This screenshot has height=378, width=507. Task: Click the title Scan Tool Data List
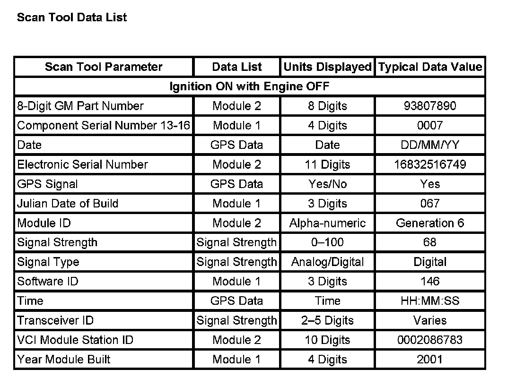pyautogui.click(x=72, y=17)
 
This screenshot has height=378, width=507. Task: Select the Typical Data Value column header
pyautogui.click(x=430, y=67)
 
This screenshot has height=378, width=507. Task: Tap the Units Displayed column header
pyautogui.click(x=327, y=67)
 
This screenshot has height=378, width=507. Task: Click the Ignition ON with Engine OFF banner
pyautogui.click(x=249, y=86)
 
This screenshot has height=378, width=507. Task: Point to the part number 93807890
pyautogui.click(x=430, y=106)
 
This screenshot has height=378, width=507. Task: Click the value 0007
pyautogui.click(x=430, y=126)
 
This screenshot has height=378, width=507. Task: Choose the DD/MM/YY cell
pyautogui.click(x=430, y=145)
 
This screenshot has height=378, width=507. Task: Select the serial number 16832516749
pyautogui.click(x=430, y=164)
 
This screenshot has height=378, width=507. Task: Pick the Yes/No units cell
pyautogui.click(x=327, y=184)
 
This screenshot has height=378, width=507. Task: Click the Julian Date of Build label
pyautogui.click(x=68, y=204)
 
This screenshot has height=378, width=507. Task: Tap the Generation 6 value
pyautogui.click(x=430, y=223)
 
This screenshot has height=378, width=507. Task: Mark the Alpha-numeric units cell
pyautogui.click(x=327, y=223)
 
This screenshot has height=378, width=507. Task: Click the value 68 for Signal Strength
pyautogui.click(x=430, y=242)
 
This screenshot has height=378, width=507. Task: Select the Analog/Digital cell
pyautogui.click(x=327, y=262)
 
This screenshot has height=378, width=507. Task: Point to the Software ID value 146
pyautogui.click(x=430, y=282)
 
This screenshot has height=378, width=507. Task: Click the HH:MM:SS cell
pyautogui.click(x=430, y=301)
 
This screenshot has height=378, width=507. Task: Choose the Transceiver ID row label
pyautogui.click(x=55, y=320)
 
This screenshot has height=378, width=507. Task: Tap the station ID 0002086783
pyautogui.click(x=430, y=340)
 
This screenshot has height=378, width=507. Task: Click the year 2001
pyautogui.click(x=430, y=360)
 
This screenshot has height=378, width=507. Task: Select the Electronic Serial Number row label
pyautogui.click(x=82, y=164)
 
